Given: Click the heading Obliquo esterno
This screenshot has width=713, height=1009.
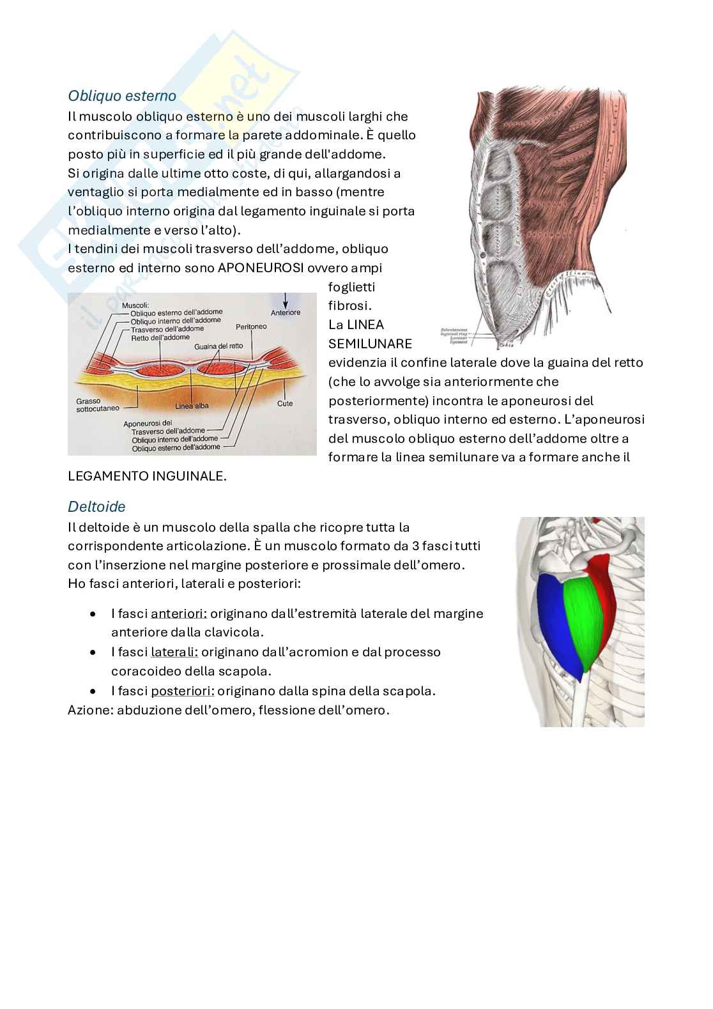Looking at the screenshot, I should click(x=122, y=96).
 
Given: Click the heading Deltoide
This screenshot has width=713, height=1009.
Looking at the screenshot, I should click(x=96, y=507).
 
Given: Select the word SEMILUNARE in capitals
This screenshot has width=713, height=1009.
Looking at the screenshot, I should click(x=371, y=344).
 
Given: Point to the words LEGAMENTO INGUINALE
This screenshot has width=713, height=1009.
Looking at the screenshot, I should click(x=147, y=476).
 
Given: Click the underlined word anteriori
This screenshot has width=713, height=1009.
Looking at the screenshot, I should click(x=179, y=613).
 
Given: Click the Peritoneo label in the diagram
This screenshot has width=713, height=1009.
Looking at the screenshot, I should click(x=251, y=327).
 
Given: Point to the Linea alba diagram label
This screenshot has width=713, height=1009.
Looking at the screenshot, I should click(x=192, y=406).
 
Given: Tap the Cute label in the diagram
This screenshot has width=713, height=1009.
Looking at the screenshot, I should click(x=285, y=404).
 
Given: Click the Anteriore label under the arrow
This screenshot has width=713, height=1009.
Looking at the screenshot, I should click(x=286, y=312).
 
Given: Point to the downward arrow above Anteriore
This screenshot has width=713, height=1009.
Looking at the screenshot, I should click(x=286, y=300).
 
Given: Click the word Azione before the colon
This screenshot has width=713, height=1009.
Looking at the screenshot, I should click(x=89, y=710).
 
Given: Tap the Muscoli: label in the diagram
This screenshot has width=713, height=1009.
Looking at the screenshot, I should click(x=135, y=305).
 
